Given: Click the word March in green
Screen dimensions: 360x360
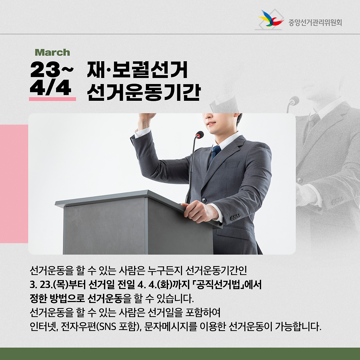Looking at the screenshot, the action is pos(52,52).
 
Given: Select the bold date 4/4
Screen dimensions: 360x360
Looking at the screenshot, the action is pos(50,88).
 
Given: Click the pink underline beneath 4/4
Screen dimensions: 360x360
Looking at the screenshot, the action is pos(52,99).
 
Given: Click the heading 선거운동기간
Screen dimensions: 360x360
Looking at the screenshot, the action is pos(144,92).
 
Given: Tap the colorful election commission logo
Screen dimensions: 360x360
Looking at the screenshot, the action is pos(270,20).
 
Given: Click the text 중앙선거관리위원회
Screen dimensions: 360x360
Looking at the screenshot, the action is pos(315,23).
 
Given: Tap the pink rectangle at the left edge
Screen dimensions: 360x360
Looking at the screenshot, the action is pos(14,184).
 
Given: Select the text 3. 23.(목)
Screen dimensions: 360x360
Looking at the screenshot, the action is pos(49,285).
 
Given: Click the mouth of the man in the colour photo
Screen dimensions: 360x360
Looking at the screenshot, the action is pos(211,124).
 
